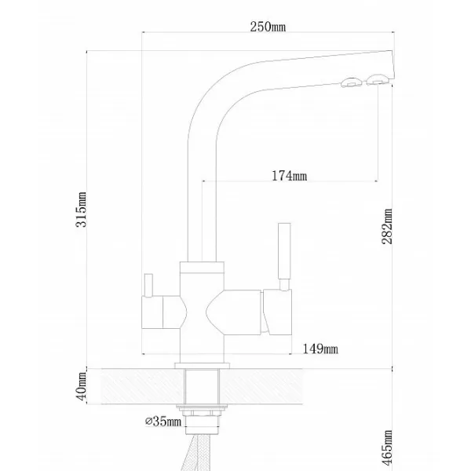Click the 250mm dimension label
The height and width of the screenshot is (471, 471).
click(x=268, y=27)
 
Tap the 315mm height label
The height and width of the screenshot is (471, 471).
click(x=81, y=210)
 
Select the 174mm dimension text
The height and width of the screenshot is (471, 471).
click(x=289, y=175)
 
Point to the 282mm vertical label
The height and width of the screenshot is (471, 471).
click(x=387, y=226)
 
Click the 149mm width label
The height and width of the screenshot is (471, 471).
click(x=320, y=349)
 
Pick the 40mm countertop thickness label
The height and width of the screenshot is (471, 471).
click(x=82, y=386)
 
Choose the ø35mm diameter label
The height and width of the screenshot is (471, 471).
click(x=163, y=421)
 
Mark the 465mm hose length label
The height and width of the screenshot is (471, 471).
click(x=387, y=448)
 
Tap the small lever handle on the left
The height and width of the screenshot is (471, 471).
click(x=148, y=285)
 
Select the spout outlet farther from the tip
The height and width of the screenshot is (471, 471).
click(x=351, y=82)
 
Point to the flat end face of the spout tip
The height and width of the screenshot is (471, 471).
click(x=392, y=64)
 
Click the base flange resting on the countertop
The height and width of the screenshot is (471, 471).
click(x=203, y=366)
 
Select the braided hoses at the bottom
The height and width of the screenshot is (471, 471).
click(x=196, y=453)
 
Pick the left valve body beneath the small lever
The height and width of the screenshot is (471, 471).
click(x=152, y=312)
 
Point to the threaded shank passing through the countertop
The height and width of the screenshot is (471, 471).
click(x=202, y=386)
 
